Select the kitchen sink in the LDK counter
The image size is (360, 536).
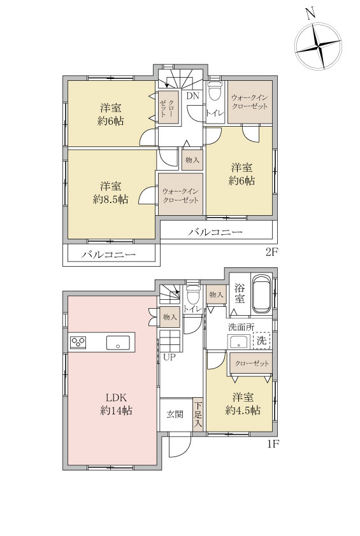(x=118, y=342)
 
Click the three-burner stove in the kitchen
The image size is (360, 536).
(x=78, y=342)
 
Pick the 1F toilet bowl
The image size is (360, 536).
(x=192, y=295)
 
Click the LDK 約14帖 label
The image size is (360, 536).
(x=116, y=404)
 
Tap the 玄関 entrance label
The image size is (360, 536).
(x=175, y=414)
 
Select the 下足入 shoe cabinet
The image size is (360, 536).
(x=198, y=414)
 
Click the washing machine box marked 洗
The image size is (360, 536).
(x=261, y=341)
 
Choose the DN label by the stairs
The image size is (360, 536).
(x=192, y=95)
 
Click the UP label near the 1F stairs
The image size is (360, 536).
(x=169, y=358)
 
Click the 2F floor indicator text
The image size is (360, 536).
(x=273, y=252)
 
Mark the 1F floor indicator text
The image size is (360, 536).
(x=273, y=444)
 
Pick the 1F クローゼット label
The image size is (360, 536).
(x=252, y=363)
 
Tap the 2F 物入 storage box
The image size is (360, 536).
(x=192, y=160)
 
